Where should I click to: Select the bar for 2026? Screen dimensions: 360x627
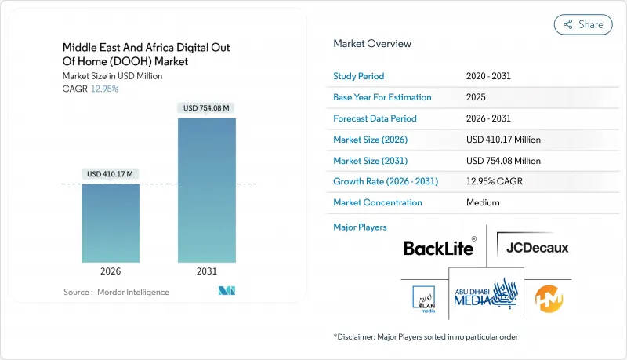[111, 223]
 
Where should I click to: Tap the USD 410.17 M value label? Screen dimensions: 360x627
[111, 173]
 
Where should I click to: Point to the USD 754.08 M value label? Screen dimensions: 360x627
[207, 107]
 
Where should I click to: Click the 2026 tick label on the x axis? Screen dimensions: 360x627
[111, 272]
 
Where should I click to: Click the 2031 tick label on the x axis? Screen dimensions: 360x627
[207, 272]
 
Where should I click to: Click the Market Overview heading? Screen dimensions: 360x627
[372, 44]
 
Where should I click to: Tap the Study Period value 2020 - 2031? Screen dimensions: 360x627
[488, 76]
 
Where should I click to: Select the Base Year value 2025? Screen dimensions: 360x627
[476, 97]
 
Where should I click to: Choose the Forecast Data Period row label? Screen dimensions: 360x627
[375, 118]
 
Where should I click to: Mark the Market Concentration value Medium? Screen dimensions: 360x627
[483, 202]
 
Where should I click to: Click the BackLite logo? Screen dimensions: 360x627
[439, 248]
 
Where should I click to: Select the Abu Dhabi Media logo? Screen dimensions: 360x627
[487, 293]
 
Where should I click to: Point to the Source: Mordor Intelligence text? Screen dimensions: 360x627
[117, 292]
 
